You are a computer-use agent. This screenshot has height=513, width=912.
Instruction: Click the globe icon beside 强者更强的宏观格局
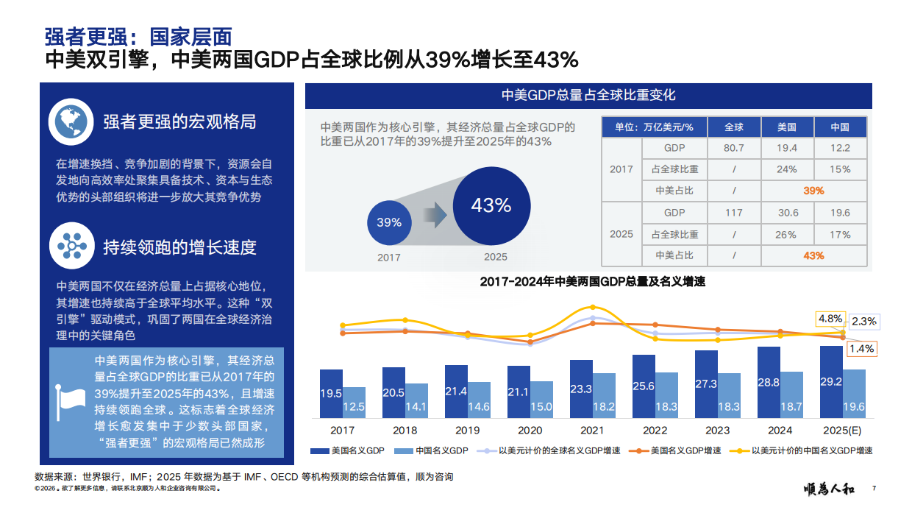point(71,122)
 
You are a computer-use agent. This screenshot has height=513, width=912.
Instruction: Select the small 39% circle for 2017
point(389,222)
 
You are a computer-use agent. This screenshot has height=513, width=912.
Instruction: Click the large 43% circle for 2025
point(491,205)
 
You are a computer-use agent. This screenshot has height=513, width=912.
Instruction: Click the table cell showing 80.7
point(733,148)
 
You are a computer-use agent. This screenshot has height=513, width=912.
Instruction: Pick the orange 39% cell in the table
point(813,191)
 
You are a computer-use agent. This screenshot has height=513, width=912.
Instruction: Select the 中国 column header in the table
point(840,127)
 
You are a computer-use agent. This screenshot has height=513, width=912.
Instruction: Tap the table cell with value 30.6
point(787,213)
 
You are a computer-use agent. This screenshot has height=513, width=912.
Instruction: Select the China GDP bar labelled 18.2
point(604,396)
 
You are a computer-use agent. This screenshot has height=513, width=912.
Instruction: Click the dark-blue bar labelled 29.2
point(830,383)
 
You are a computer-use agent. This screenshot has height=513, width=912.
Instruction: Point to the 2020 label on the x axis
point(530,431)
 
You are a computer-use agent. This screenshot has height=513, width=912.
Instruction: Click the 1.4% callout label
point(861,348)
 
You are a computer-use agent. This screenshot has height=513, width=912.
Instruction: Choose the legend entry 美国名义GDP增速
point(680,450)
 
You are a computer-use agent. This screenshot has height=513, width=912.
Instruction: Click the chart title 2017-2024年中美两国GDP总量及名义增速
point(592,281)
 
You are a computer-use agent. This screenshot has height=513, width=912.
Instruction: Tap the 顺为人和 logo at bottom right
point(829,488)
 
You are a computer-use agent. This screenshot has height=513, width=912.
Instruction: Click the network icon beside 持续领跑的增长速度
point(71,246)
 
